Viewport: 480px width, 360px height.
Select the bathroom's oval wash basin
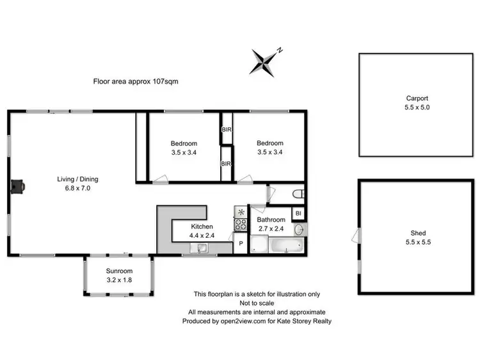point(299,229)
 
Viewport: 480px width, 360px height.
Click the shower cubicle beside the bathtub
point(259,244)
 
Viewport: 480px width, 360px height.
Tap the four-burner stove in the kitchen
point(241,224)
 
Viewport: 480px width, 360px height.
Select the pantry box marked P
point(241,244)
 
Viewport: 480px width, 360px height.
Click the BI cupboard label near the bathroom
point(298,214)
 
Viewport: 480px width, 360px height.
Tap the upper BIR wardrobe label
point(226,129)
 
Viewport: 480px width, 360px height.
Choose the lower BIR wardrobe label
point(226,164)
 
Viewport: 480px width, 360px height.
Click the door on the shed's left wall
point(355,237)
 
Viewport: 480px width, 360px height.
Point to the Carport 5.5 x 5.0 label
point(417,102)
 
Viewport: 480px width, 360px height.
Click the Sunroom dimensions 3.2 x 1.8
point(120,279)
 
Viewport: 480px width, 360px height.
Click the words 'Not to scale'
point(257,302)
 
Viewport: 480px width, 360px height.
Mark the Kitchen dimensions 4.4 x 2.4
point(202,235)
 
